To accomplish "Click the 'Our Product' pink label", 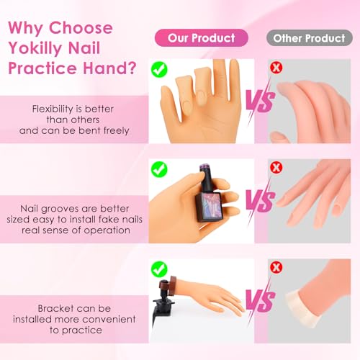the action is [202, 38].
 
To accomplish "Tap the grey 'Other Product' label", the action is [310, 38].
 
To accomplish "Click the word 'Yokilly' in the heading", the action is [37, 48].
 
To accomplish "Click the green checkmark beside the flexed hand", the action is [159, 70].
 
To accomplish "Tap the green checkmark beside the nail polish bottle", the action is [159, 169].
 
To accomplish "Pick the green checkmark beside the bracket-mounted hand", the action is [159, 269].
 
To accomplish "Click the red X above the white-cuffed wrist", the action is [276, 267].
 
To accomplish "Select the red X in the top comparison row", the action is [276, 68].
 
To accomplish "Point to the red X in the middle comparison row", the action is [276, 168].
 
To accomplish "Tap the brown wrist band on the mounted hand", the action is [171, 285].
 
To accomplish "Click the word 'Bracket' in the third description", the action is [55, 308].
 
